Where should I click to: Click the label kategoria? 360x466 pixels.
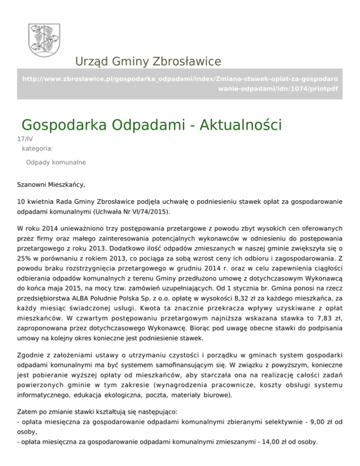pyautogui.click(x=37, y=149)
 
